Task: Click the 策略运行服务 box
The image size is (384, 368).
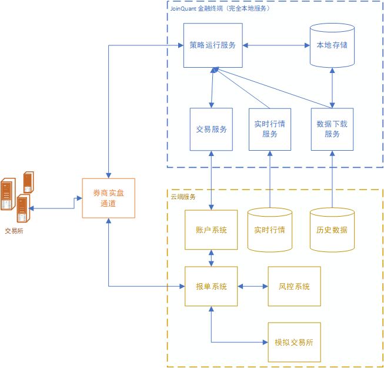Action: (x=212, y=45)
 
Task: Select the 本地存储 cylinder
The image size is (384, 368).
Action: (x=332, y=46)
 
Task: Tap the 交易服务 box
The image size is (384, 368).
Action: (x=212, y=129)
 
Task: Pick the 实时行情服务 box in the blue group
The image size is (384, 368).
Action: (x=270, y=129)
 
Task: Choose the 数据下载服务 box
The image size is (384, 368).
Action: (x=333, y=129)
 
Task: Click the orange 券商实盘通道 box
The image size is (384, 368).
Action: (x=109, y=198)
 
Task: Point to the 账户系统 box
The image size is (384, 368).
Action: (x=212, y=230)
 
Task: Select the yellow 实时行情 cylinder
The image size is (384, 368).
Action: (x=270, y=230)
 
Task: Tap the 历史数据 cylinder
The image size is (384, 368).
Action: (x=332, y=230)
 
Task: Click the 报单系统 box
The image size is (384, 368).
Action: (x=212, y=287)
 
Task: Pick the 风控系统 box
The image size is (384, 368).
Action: (x=294, y=287)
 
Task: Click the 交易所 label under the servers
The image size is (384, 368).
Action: (x=15, y=231)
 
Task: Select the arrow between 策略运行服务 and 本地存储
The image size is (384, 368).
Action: (x=276, y=45)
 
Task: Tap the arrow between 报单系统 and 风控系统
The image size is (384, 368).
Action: (x=253, y=287)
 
